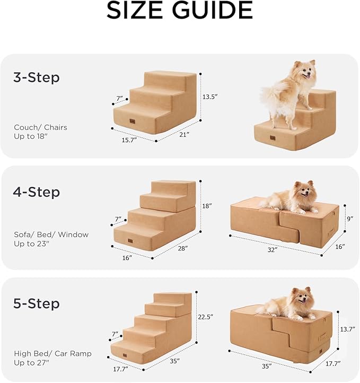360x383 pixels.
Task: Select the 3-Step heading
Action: click(36, 78)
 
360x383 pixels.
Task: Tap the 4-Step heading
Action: click(36, 192)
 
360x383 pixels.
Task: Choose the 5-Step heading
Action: click(36, 304)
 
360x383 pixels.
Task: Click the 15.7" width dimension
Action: click(129, 140)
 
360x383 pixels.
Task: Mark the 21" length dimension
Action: click(184, 135)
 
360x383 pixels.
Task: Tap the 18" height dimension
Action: click(207, 205)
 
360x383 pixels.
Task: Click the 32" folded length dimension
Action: click(273, 249)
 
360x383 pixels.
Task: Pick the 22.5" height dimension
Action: click(205, 317)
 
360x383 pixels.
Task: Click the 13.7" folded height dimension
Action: click(347, 329)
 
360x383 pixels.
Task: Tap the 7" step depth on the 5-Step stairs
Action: click(114, 334)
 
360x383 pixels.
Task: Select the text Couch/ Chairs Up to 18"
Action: click(41, 132)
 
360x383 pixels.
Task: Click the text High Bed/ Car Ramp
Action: click(52, 353)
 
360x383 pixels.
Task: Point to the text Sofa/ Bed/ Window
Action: click(51, 234)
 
